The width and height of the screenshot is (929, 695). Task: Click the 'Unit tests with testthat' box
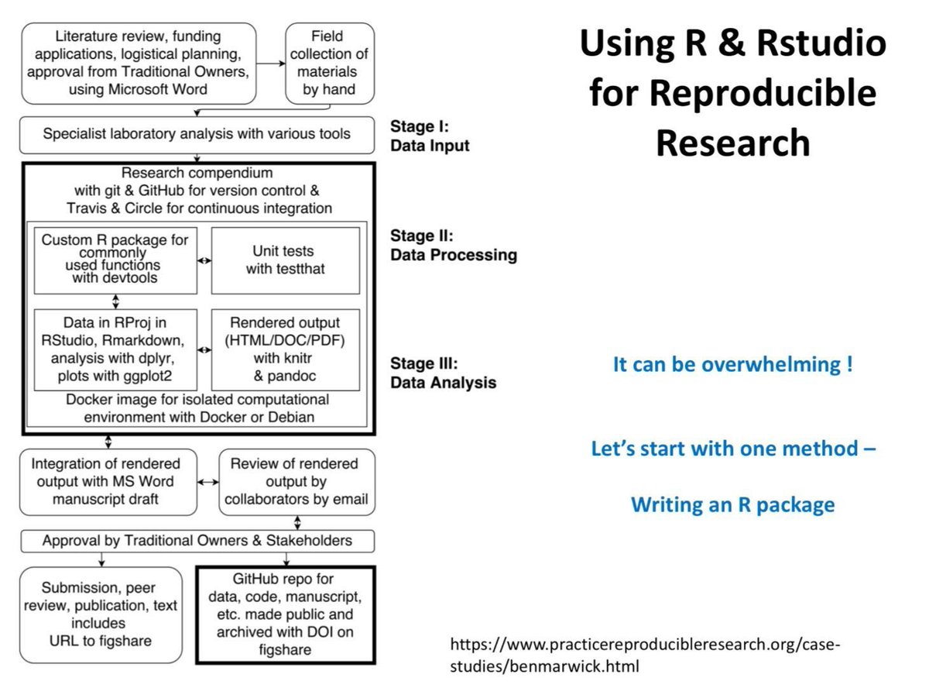coord(286,260)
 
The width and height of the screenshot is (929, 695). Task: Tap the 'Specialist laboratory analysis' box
coord(197,134)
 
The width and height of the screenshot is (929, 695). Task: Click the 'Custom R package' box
coord(115,260)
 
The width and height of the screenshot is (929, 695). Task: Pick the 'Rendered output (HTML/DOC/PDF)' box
coord(286,349)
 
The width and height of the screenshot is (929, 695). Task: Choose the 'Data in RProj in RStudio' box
coord(115,349)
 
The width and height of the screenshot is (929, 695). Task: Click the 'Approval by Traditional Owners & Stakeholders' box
coord(197,540)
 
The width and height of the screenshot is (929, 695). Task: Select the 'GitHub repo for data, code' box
coord(286,614)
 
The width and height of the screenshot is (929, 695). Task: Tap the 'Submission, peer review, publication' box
coord(101,614)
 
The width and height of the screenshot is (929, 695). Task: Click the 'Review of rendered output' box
coord(297,481)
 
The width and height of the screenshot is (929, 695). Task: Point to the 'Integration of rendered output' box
coord(105,481)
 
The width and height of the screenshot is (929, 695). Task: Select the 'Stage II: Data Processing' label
coord(454,245)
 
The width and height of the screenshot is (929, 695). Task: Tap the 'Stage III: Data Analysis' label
coord(443,373)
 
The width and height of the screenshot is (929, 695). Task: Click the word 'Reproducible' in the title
coord(732,93)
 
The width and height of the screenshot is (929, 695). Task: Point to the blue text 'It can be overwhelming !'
coord(732,364)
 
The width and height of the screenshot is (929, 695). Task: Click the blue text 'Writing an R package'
coord(732,505)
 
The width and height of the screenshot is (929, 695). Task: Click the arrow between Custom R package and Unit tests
coord(204,261)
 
